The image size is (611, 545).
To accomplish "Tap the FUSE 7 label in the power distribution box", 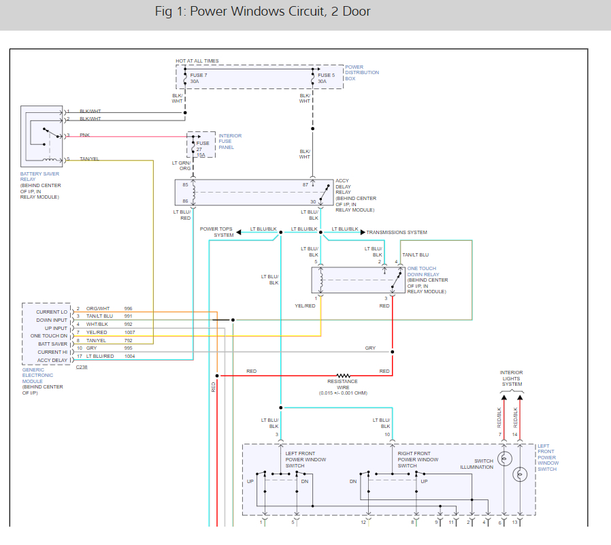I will click(198, 75).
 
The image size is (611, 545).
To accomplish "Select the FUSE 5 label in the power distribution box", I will click(326, 75).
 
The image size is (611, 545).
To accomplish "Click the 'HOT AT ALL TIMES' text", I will click(197, 61).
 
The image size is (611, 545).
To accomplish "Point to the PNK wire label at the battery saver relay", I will click(84, 135).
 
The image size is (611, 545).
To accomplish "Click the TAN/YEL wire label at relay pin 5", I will click(89, 159).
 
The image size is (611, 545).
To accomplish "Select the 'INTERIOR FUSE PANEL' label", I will click(230, 141).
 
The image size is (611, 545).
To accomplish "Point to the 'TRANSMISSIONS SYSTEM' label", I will click(397, 233).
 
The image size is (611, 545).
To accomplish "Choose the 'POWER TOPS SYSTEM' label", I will click(216, 232).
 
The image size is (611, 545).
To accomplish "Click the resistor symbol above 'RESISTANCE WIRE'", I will click(342, 375).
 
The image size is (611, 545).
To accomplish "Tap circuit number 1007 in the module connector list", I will click(129, 333).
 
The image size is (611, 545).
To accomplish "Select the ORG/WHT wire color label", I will click(98, 309).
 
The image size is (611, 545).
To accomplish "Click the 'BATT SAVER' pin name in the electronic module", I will click(53, 344).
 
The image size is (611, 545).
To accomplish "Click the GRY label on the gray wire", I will click(370, 348).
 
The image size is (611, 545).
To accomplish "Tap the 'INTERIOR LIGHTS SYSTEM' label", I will click(512, 378).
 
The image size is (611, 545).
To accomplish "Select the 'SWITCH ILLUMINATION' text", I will click(476, 464).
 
